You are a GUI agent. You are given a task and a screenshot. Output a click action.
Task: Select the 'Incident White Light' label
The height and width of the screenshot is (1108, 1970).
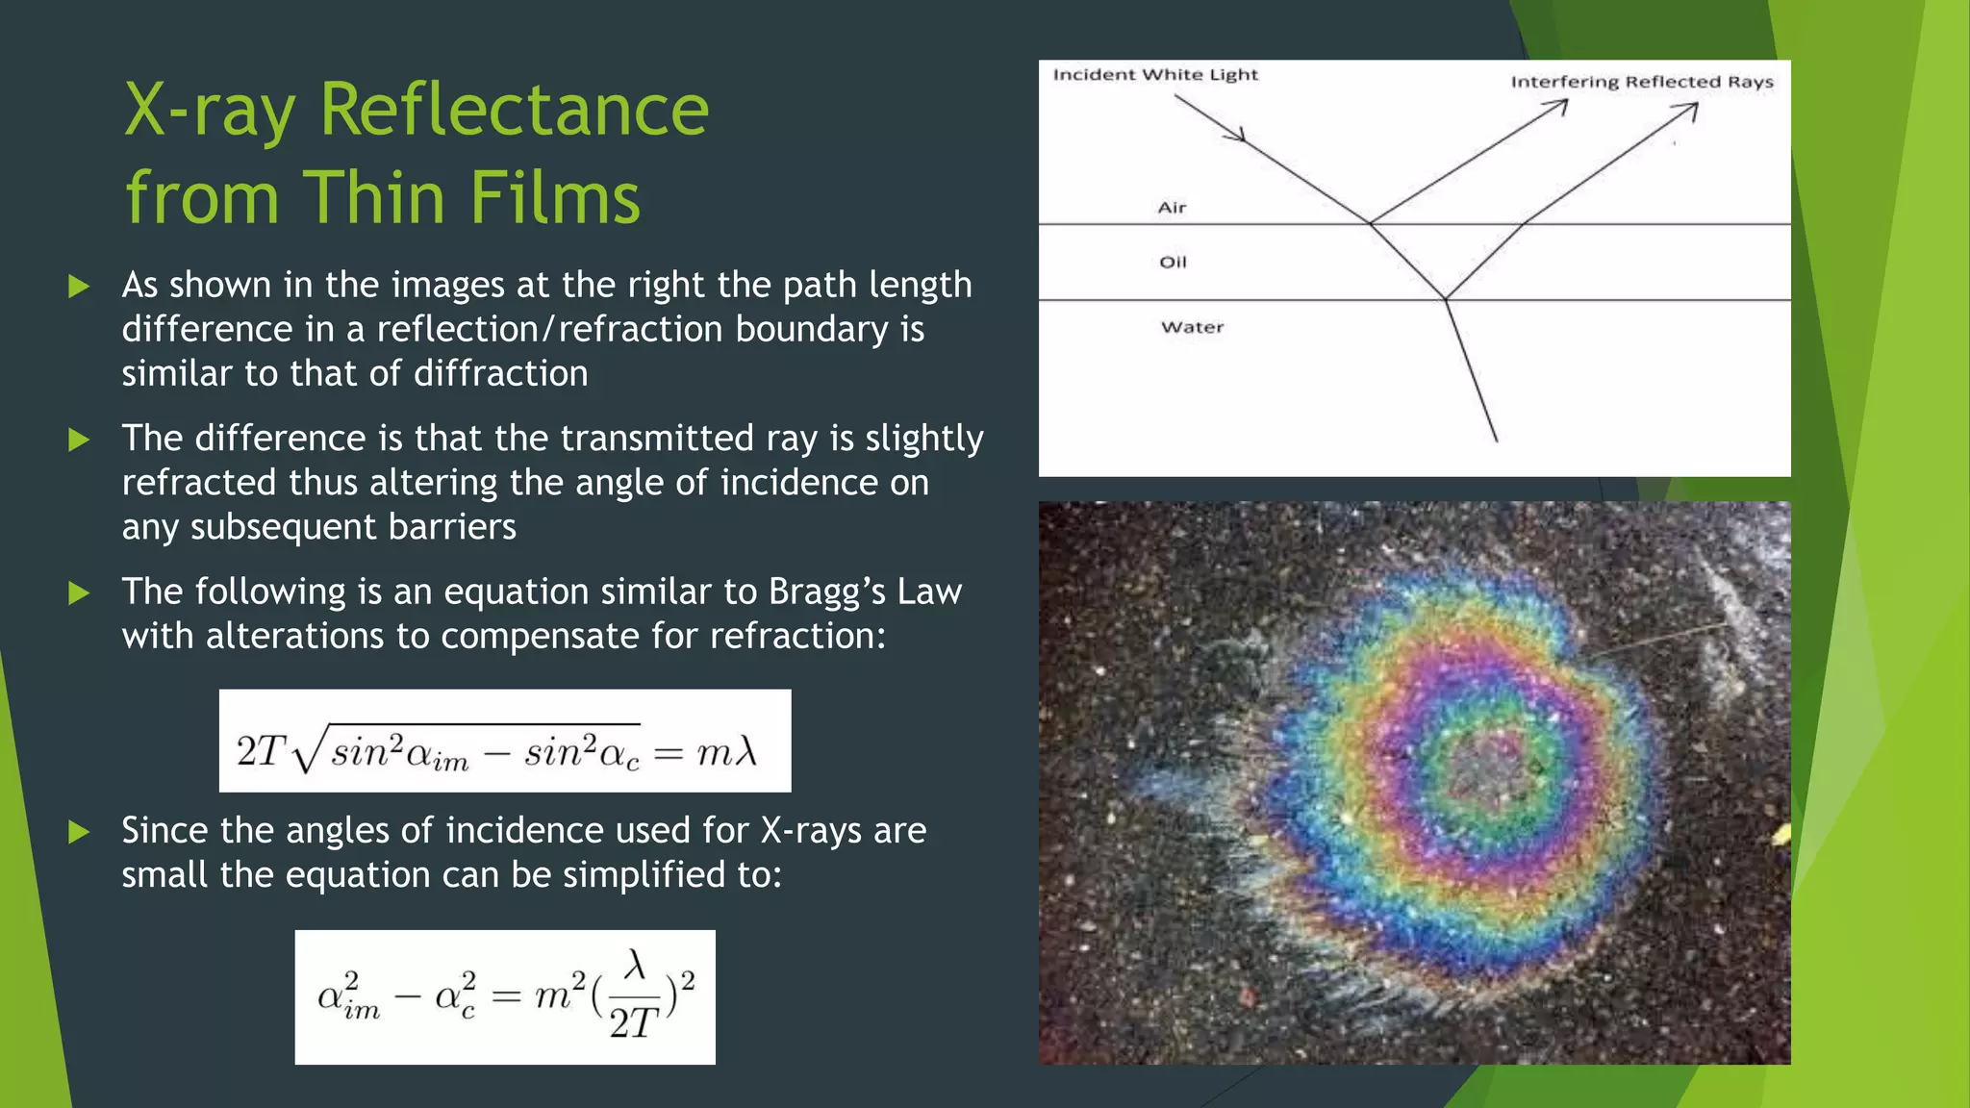[x=1154, y=75]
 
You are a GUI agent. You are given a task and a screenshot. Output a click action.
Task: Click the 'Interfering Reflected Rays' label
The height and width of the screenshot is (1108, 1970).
[x=1641, y=82]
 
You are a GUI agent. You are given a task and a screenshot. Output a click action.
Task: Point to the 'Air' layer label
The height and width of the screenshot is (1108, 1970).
[x=1172, y=208]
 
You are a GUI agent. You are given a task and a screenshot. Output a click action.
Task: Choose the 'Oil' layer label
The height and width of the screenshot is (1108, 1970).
[x=1173, y=263]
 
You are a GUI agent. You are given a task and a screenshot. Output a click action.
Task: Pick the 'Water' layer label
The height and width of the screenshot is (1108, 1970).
[x=1192, y=327]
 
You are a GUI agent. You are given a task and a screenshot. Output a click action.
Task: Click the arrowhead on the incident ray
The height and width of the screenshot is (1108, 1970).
[x=1237, y=136]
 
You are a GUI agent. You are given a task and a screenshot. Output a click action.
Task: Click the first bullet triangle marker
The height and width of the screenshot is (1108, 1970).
[x=79, y=286]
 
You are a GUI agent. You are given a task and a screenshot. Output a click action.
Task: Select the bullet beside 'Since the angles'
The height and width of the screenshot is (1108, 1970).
[x=79, y=832]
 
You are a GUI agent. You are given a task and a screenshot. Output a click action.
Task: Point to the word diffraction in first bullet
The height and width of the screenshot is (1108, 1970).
[x=501, y=373]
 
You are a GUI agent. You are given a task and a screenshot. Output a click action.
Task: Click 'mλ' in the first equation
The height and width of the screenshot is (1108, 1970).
[x=727, y=752]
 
